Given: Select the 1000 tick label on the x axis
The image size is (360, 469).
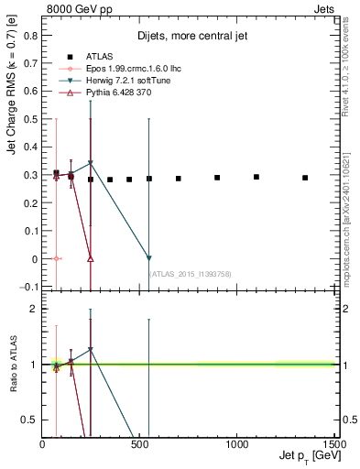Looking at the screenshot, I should pos(236,445).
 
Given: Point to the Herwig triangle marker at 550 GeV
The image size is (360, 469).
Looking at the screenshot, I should pos(148,258).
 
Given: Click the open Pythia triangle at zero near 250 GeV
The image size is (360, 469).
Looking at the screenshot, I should pos(90,258).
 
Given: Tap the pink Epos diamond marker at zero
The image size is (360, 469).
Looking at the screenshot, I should pos(56,258).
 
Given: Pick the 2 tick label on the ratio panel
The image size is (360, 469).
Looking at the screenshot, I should pos(33,309).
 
